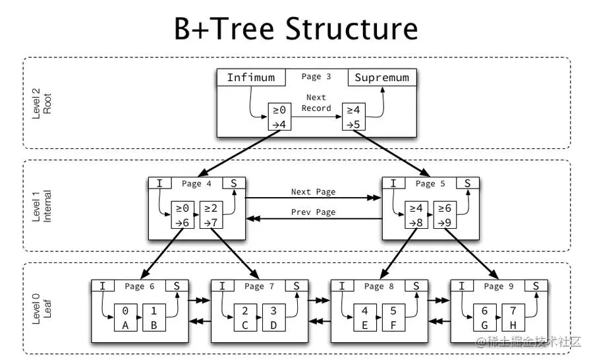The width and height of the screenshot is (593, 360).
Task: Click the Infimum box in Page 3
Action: [251, 78]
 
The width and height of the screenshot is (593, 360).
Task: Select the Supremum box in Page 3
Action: [382, 78]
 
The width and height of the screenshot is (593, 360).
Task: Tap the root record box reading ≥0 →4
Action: [279, 116]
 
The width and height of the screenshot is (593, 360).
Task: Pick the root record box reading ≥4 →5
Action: [354, 116]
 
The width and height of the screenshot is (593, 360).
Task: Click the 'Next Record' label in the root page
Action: [316, 103]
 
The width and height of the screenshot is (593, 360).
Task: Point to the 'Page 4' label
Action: [192, 184]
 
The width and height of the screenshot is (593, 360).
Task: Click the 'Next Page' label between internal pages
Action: [313, 192]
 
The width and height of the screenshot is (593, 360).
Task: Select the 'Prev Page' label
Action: [313, 212]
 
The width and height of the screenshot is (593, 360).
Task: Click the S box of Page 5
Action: [468, 184]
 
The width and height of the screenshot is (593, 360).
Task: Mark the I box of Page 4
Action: [159, 184]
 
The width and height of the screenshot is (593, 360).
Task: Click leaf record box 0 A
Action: [125, 317]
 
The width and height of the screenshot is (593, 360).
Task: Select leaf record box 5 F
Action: [394, 317]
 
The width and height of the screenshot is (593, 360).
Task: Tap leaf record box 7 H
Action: [513, 317]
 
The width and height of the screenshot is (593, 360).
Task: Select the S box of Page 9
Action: [536, 286]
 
